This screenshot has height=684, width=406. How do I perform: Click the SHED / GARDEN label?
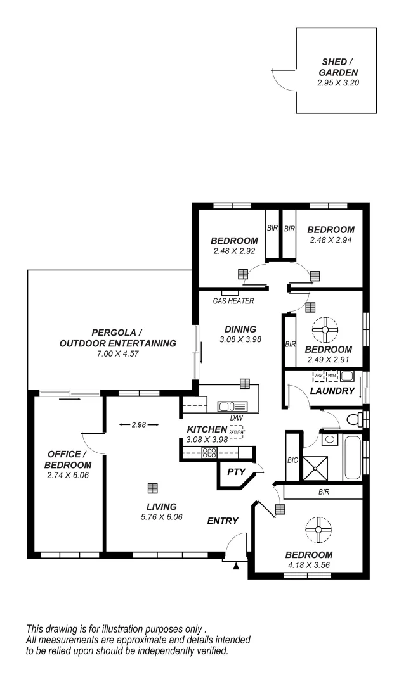click(334, 66)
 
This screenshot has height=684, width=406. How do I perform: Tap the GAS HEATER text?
click(233, 301)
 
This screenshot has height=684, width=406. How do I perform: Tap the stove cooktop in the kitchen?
click(209, 452)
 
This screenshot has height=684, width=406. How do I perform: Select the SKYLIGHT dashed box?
click(236, 431)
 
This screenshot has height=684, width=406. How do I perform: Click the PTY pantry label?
click(235, 472)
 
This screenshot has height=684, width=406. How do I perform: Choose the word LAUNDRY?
click(332, 391)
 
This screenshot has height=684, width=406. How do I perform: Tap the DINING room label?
click(240, 329)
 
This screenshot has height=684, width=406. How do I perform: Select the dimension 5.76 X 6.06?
click(160, 516)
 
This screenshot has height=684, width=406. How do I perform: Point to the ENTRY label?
click(223, 521)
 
